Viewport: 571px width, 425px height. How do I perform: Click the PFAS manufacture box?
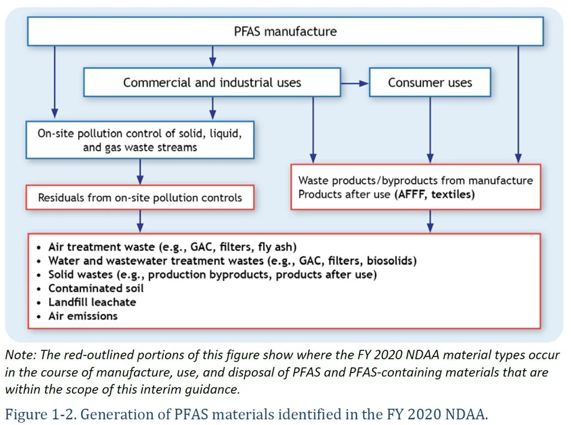pyautogui.click(x=285, y=31)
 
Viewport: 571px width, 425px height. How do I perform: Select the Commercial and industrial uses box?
pyautogui.click(x=212, y=83)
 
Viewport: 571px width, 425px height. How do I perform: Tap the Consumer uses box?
pyautogui.click(x=430, y=83)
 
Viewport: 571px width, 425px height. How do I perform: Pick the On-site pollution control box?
pyautogui.click(x=140, y=140)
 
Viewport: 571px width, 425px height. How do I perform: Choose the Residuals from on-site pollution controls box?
pyautogui.click(x=140, y=198)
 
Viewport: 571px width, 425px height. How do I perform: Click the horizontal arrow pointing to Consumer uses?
pyautogui.click(x=355, y=83)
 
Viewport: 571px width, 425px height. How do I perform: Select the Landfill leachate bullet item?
pyautogui.click(x=92, y=302)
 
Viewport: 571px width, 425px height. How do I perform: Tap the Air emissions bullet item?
pyautogui.click(x=83, y=315)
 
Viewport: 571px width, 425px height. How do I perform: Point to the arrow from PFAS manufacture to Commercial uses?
pyautogui.click(x=212, y=56)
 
